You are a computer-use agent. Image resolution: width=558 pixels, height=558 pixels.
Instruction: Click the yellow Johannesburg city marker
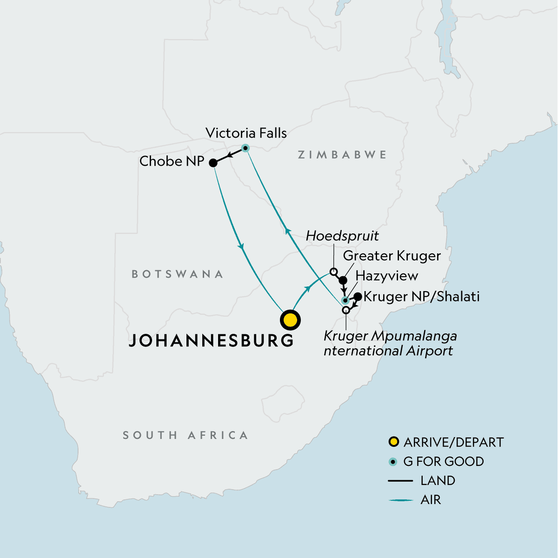[x=290, y=320]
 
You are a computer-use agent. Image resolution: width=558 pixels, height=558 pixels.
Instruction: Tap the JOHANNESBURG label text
[x=212, y=340]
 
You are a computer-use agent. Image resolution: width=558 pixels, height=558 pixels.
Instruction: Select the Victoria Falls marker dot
[x=245, y=148]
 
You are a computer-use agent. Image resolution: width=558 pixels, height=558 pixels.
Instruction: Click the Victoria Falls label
[x=246, y=133]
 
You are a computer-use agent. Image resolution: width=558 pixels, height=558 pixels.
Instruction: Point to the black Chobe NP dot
[x=213, y=163]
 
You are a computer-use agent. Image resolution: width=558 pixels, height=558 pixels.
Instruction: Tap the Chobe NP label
[x=172, y=161]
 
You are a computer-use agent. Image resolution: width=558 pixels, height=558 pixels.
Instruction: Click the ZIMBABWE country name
[x=342, y=155]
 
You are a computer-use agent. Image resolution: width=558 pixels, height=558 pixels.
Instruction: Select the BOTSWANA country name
[x=178, y=274]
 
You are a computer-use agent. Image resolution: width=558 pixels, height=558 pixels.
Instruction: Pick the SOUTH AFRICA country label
[x=185, y=435]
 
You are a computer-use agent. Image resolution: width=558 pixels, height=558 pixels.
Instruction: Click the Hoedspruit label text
[x=342, y=236]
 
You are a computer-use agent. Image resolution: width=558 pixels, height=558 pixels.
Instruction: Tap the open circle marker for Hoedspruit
[x=333, y=272]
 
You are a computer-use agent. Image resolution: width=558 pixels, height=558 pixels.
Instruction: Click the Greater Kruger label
[x=392, y=256]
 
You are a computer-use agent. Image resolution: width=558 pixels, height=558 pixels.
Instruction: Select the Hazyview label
[x=387, y=276]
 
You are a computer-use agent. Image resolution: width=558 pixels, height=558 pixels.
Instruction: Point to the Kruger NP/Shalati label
[x=421, y=297]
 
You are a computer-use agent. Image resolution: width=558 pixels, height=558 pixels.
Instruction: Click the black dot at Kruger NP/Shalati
[x=358, y=296]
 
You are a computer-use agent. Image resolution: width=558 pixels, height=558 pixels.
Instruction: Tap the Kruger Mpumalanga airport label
[x=390, y=343]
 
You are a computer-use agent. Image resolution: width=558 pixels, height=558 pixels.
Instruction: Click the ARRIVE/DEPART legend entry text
[x=453, y=442]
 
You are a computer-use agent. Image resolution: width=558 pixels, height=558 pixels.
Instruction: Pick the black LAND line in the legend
[x=400, y=481]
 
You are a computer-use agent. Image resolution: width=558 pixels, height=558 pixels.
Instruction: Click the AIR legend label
[x=431, y=500]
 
